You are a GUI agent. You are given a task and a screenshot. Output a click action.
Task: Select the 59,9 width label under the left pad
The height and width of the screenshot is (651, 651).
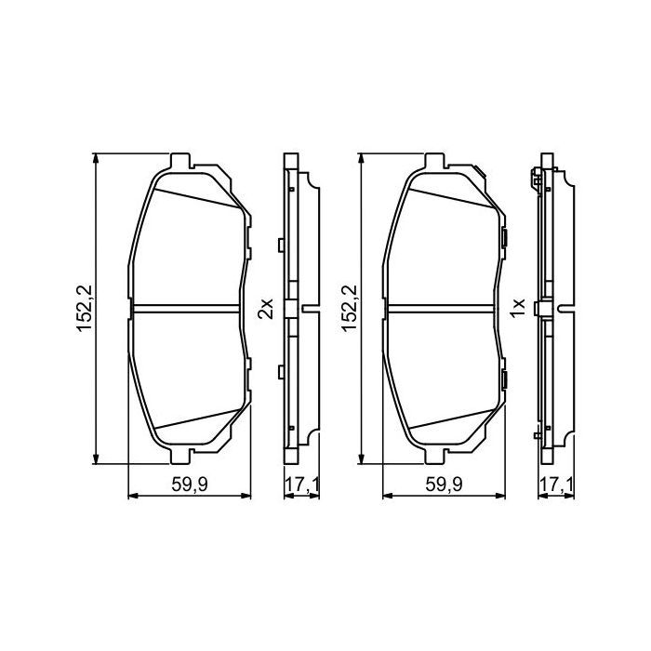[x=190, y=484]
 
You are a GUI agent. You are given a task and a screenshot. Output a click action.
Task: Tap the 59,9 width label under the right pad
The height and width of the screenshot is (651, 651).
[x=445, y=484]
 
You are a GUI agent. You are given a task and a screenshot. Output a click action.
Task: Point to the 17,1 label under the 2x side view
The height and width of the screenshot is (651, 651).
[x=299, y=484]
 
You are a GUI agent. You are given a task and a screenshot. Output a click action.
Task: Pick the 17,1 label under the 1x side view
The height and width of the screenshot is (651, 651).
[x=555, y=484]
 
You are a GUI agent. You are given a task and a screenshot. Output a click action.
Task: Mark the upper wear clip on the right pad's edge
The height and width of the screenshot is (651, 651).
[x=502, y=242]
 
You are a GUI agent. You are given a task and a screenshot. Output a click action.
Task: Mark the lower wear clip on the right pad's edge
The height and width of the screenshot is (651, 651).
[x=502, y=378]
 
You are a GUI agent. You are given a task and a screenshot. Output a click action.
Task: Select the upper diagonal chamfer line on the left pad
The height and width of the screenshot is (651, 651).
[x=195, y=195]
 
